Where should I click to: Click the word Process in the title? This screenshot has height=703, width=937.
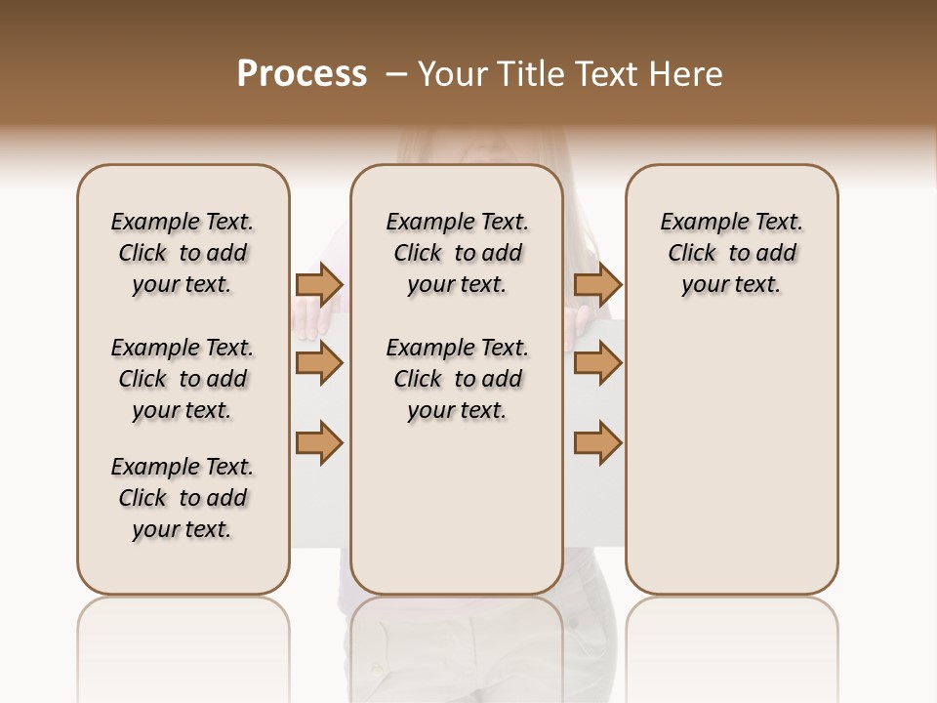tap(302, 74)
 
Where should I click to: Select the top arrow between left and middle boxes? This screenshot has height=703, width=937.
tap(318, 284)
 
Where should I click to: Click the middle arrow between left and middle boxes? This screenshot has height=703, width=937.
tap(318, 363)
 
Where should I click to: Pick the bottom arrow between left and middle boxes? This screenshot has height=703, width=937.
tap(318, 442)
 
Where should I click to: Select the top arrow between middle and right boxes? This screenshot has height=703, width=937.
tap(597, 284)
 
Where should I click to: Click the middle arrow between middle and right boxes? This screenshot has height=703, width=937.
tap(597, 363)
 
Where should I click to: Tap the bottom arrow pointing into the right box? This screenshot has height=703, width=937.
tap(597, 442)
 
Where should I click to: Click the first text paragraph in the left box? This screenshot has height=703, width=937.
tap(183, 253)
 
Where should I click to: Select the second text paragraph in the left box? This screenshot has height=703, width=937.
tap(183, 379)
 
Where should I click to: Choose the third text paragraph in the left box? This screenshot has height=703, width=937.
tap(183, 498)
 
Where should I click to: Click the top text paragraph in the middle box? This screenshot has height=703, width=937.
tap(457, 253)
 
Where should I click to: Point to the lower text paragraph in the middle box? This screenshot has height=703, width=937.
tap(457, 379)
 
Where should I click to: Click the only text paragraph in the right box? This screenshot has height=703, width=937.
tap(732, 253)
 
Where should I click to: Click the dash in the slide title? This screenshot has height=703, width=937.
tap(396, 74)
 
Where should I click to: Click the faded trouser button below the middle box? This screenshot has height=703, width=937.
tap(377, 670)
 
